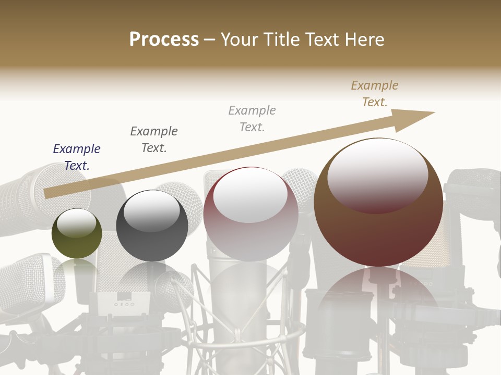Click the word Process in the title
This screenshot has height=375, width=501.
[164, 40]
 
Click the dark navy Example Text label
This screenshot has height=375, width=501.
[77, 157]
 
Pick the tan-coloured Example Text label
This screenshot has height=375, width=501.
[375, 94]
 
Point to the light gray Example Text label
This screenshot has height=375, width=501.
[252, 118]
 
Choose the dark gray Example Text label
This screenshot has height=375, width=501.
[154, 139]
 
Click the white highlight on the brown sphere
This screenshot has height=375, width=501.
[377, 174]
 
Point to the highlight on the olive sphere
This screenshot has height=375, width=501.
[77, 223]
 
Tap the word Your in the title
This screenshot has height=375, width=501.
[241, 40]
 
